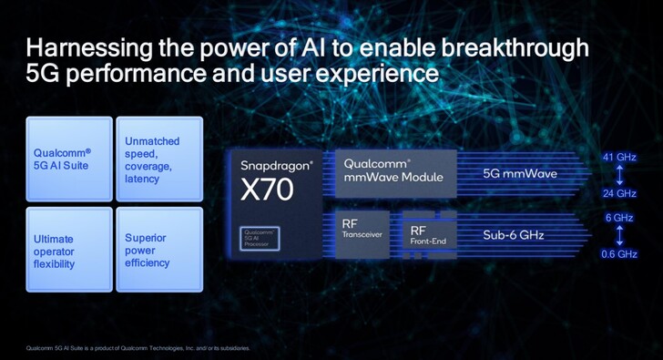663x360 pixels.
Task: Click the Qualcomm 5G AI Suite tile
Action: click(69, 159)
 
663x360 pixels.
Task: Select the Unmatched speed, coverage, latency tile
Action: click(158, 159)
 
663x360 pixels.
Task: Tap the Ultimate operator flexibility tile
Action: click(69, 249)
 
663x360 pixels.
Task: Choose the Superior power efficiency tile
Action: click(158, 249)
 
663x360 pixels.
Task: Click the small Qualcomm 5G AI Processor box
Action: click(260, 237)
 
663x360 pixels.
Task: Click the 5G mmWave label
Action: click(517, 171)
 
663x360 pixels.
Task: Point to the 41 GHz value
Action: click(619, 158)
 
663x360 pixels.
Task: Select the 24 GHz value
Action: click(619, 193)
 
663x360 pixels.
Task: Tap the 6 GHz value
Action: click(619, 218)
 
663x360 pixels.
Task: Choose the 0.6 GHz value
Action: click(619, 254)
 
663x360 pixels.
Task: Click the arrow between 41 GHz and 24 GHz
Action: click(619, 175)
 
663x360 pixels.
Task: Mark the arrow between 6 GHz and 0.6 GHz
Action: click(619, 236)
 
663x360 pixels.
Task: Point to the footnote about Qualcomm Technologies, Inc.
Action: click(137, 347)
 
